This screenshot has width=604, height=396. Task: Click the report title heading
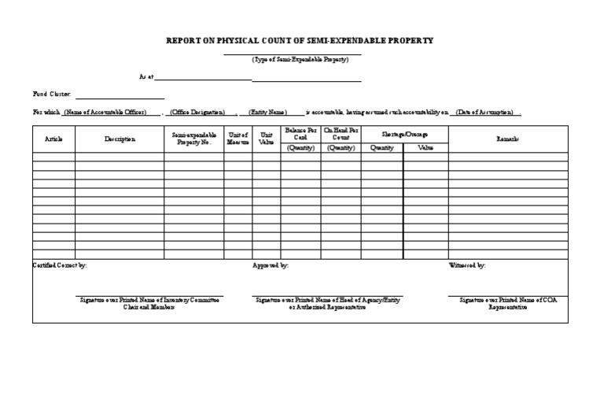299,40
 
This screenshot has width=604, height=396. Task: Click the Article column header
53,139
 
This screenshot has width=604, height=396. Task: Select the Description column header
120,139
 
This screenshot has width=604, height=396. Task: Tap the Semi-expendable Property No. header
194,139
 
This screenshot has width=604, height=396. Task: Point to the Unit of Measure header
238,139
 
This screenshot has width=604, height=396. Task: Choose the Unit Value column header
266,139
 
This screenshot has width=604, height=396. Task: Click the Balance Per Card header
300,132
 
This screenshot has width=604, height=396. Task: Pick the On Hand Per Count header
341,132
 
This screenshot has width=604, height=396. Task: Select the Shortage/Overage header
404,135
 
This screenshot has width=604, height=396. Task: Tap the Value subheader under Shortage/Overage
425,147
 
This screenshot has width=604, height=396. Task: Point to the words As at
146,78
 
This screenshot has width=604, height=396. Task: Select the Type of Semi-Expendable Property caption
300,60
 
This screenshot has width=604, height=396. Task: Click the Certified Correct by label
60,265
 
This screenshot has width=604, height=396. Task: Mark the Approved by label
271,265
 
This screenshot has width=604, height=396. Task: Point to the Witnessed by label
466,265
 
